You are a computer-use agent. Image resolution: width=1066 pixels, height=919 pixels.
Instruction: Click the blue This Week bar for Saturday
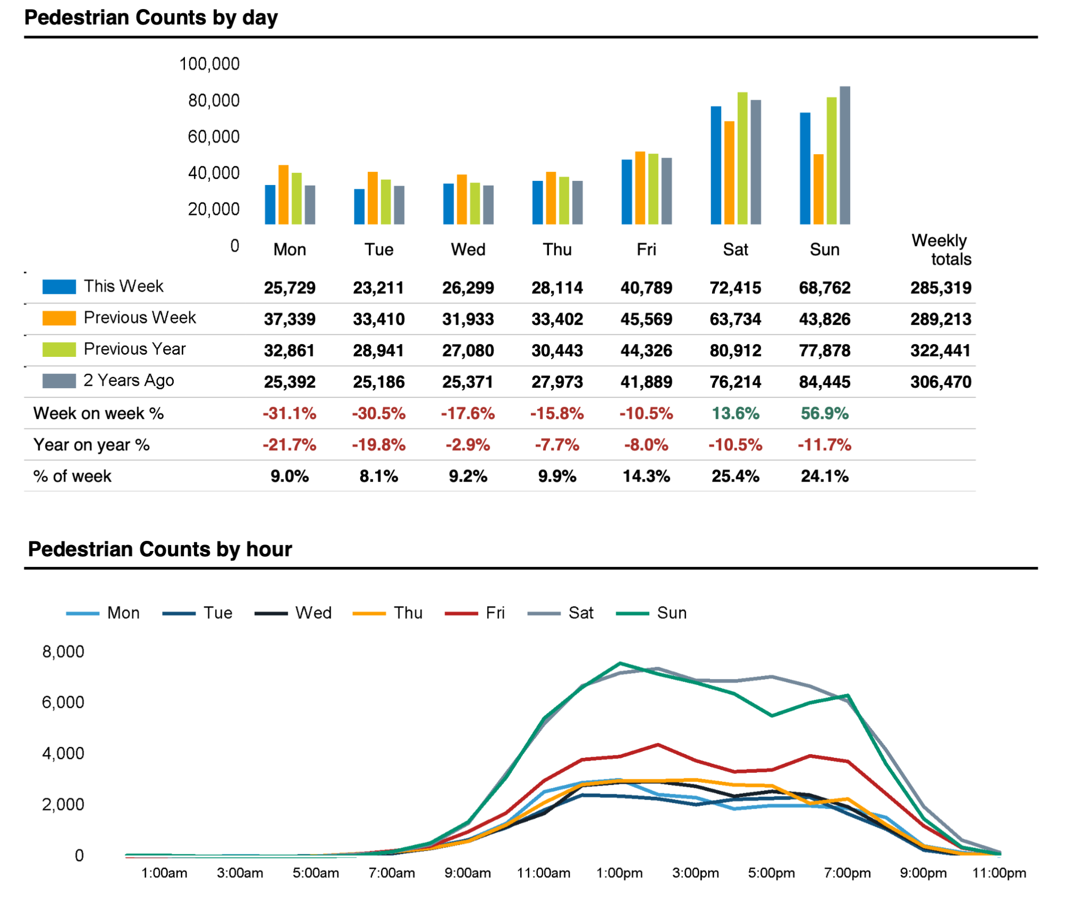(715, 165)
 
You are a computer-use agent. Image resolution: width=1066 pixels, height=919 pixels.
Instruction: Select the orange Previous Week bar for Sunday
(818, 189)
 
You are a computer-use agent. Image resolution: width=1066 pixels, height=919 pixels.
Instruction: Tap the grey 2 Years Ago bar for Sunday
(845, 155)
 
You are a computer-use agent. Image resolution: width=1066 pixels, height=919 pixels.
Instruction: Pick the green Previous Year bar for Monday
(297, 198)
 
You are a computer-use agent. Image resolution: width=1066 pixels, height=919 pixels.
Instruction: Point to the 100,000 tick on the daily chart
(209, 64)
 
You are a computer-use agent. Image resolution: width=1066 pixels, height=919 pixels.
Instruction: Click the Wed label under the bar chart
(468, 250)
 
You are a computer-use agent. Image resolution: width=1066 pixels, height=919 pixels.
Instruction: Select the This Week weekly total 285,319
(940, 288)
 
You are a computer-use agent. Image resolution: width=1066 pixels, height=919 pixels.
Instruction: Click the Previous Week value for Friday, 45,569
(646, 319)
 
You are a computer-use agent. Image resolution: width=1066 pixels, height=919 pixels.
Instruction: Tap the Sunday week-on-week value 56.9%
(824, 413)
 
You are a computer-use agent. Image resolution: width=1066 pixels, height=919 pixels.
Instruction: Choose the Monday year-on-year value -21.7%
(289, 445)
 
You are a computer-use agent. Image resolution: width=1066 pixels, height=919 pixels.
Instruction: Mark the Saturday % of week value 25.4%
(735, 476)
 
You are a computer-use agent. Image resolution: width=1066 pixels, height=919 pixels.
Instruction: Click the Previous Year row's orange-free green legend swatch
(59, 349)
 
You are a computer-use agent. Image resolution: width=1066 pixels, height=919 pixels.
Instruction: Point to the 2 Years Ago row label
(128, 381)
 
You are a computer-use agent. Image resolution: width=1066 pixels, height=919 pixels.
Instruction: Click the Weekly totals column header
(941, 250)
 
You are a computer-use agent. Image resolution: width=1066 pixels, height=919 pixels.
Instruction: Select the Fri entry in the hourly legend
(495, 613)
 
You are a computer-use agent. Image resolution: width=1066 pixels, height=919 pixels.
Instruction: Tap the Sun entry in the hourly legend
(671, 613)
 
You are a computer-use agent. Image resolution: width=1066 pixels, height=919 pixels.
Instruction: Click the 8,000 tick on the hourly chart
(63, 652)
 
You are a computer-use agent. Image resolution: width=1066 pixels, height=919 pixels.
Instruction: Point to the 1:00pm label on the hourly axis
(619, 873)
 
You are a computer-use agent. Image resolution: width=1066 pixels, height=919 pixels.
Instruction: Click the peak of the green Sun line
(620, 663)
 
